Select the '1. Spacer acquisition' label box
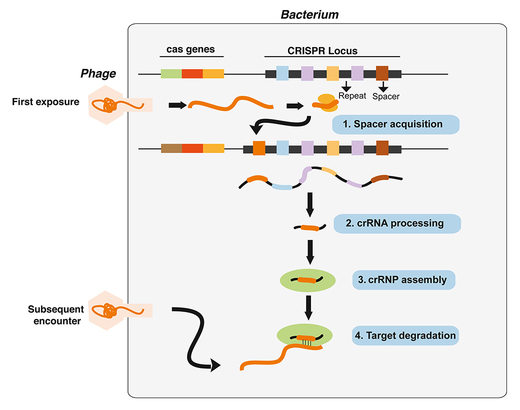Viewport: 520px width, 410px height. point(395,124)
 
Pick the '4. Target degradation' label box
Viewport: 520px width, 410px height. point(405,335)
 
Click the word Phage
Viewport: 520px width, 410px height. point(98,74)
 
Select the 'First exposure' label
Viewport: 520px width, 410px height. point(46,102)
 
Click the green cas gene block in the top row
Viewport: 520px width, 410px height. point(171,74)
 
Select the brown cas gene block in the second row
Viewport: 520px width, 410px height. point(171,148)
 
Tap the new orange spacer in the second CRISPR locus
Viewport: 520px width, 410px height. point(259,148)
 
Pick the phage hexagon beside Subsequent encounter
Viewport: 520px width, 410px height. point(108,311)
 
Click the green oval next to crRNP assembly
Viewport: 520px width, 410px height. point(304,280)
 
